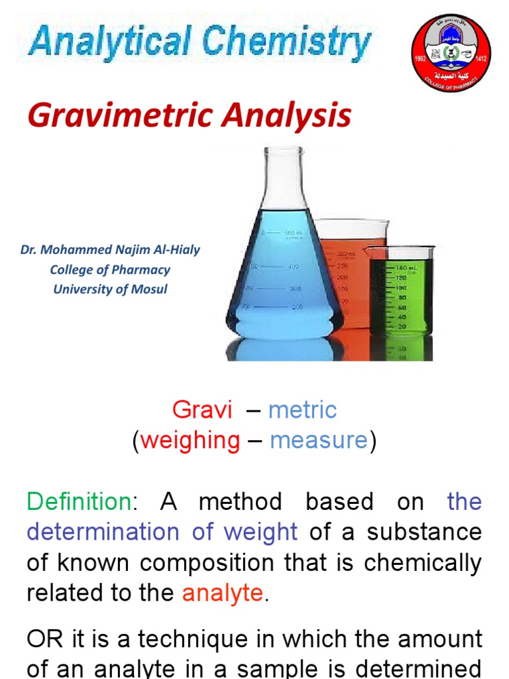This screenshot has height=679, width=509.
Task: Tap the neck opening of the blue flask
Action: tap(283, 151)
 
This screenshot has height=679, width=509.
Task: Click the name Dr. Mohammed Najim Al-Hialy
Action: tap(110, 251)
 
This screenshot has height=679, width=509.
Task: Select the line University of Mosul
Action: tap(110, 289)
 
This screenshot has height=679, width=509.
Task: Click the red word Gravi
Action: tap(202, 410)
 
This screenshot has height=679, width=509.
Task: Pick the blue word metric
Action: tap(302, 410)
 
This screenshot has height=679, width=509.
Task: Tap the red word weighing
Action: tap(190, 440)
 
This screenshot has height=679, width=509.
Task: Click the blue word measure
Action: tap(319, 440)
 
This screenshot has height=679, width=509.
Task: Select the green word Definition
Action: tap(79, 501)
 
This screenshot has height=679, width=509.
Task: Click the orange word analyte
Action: tap(223, 593)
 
